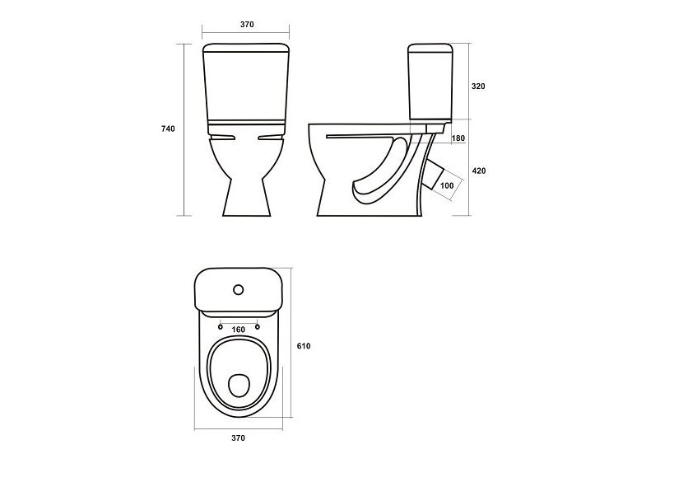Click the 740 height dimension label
(x=168, y=129)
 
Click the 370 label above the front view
(x=247, y=25)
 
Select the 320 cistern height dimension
(x=478, y=87)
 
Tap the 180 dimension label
(x=458, y=138)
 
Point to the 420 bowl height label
(x=479, y=171)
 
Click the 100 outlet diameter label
(x=447, y=186)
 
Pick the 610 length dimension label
(x=304, y=346)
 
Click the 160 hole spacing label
(x=239, y=330)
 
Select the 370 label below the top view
(x=239, y=438)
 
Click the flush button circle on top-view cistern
(x=239, y=289)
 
